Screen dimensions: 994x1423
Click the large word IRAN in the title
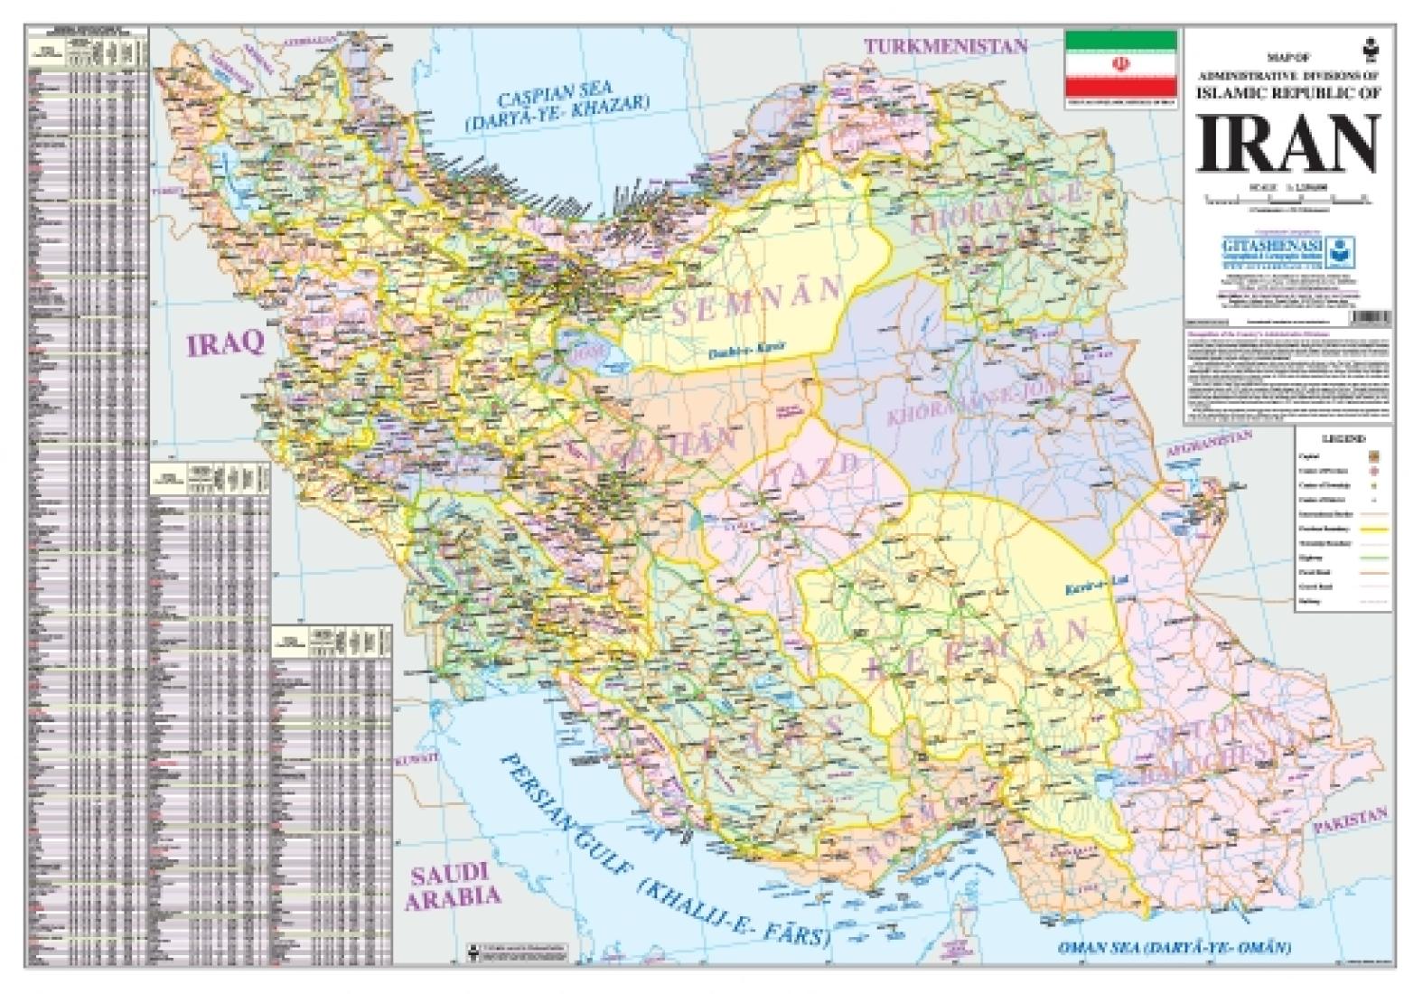[x=1287, y=145]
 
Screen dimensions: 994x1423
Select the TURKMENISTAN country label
[x=946, y=46]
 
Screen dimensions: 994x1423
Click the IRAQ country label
[x=225, y=342]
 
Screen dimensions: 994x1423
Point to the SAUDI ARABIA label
[x=451, y=885]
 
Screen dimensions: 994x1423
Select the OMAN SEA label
[x=1175, y=948]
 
